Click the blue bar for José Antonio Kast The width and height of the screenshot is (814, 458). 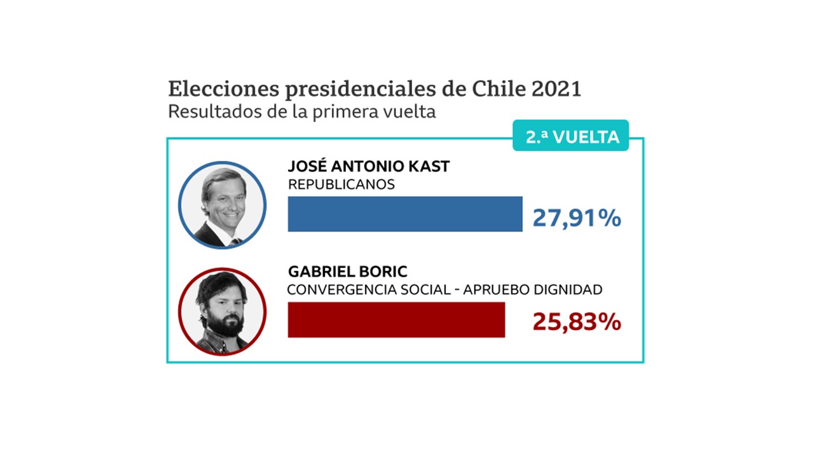(x=405, y=214)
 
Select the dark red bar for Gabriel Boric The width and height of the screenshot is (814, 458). (x=396, y=319)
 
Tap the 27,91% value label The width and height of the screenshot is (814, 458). (x=576, y=218)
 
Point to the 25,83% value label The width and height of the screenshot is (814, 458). (x=576, y=323)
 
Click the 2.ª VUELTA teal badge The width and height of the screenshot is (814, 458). (x=570, y=136)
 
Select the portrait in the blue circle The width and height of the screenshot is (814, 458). (x=222, y=205)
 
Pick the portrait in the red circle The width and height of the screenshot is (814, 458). (x=222, y=312)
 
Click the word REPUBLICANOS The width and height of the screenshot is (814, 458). (x=341, y=185)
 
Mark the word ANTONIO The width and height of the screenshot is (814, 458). (x=366, y=167)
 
